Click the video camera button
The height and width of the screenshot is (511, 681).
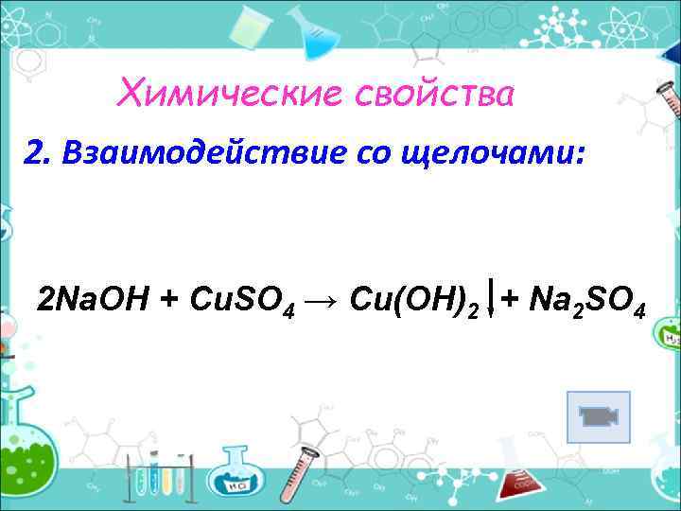coord(598,416)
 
